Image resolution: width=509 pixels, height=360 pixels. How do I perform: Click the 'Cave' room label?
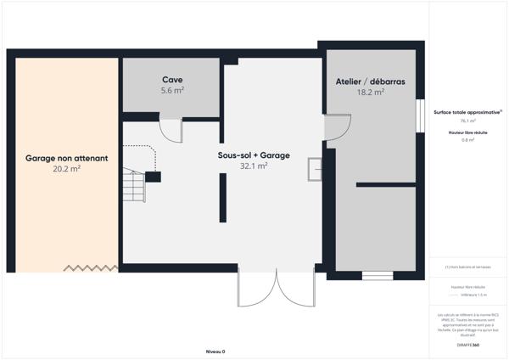tap(173, 79)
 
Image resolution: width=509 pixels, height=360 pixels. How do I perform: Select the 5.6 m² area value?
tap(173, 89)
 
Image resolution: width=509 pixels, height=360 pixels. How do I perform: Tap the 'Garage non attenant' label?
tap(66, 158)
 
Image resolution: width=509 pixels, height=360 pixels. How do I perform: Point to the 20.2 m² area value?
tap(66, 169)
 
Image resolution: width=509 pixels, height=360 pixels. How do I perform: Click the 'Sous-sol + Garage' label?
tap(254, 155)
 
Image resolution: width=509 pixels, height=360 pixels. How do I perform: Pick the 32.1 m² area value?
tap(254, 166)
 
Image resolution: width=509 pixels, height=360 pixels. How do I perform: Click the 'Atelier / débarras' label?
tap(370, 82)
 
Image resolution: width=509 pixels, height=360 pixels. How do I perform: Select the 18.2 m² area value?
tap(370, 92)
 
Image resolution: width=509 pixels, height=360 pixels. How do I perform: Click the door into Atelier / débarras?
tap(337, 127)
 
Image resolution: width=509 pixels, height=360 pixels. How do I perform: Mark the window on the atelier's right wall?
tap(419, 116)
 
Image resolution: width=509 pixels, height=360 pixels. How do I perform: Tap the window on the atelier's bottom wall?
tap(378, 274)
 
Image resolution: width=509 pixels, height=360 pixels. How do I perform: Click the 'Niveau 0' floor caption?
tap(215, 351)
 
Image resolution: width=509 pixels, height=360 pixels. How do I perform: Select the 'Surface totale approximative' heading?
tap(467, 111)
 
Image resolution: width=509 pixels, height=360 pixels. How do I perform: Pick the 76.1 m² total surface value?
tap(467, 121)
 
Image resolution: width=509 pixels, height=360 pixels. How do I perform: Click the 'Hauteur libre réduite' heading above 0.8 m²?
tap(467, 132)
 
